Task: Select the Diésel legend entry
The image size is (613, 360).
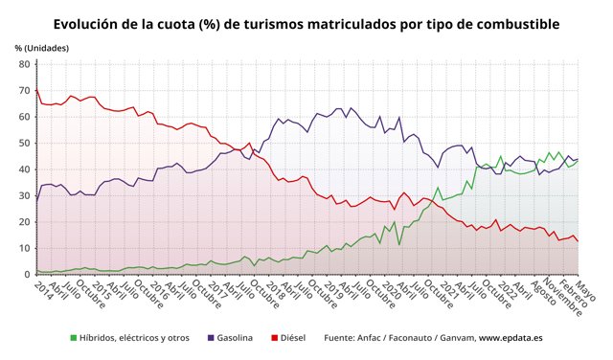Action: click(x=290, y=338)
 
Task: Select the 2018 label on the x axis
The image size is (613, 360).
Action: click(x=275, y=290)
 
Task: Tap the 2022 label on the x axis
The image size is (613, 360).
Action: click(x=505, y=290)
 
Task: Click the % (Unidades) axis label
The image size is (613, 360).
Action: click(x=41, y=47)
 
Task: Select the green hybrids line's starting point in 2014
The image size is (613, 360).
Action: click(x=36, y=271)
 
